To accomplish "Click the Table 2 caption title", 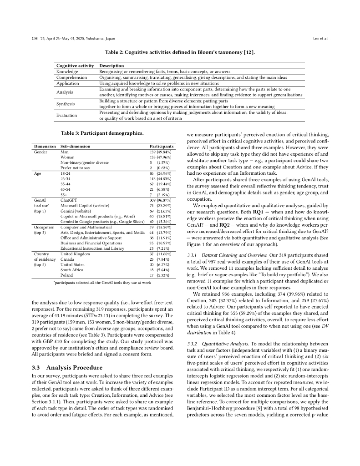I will click(x=180, y=52).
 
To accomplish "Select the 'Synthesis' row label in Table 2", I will click(x=66, y=104).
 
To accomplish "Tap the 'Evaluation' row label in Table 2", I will click(x=66, y=116).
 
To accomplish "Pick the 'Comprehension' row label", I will click(x=71, y=77).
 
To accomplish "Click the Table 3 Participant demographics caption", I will click(x=102, y=133).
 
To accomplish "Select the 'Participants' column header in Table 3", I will click(x=162, y=147).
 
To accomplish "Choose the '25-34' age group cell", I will click(x=66, y=179).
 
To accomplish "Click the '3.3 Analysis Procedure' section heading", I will click(x=67, y=367).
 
